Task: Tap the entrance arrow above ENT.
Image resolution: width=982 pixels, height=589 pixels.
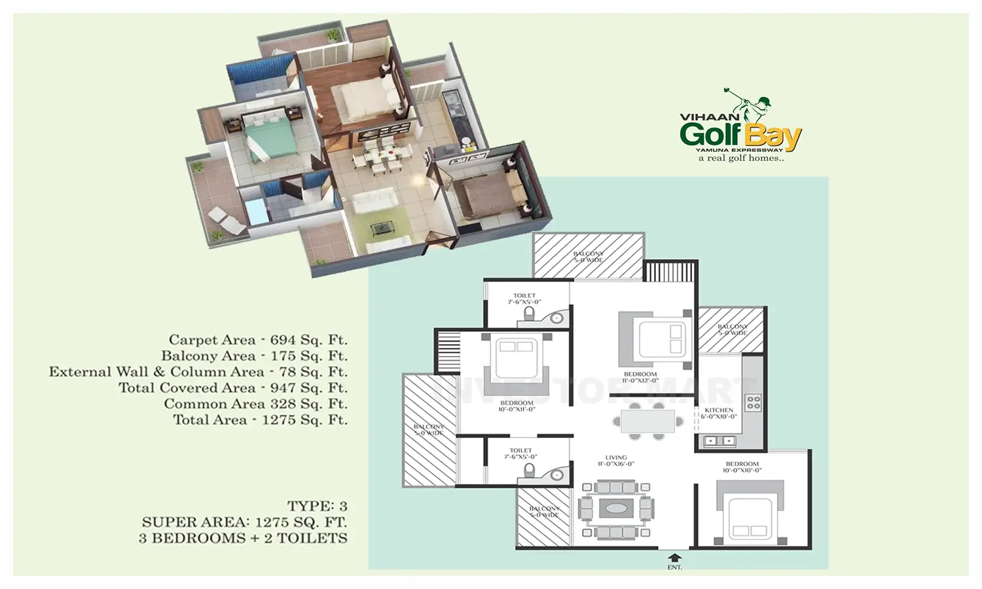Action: [674, 558]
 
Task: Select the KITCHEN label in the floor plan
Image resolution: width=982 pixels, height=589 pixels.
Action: [719, 413]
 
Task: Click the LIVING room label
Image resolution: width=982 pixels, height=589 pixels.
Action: [615, 461]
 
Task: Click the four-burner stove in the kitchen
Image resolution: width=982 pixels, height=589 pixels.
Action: [753, 402]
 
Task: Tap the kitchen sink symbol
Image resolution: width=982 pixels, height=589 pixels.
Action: [719, 442]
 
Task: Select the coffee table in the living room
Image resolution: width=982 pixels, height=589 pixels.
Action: [615, 508]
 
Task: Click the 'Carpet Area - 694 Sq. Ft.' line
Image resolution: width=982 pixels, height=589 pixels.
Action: [258, 340]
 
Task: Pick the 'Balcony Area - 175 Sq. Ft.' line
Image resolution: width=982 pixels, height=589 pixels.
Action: [254, 356]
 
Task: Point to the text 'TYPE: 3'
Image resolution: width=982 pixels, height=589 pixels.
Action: [317, 506]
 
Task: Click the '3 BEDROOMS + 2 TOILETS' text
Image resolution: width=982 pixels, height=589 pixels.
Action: [243, 538]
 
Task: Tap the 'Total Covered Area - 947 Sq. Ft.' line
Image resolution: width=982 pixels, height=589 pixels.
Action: [232, 388]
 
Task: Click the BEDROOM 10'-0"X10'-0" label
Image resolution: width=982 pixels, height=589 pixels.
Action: [742, 467]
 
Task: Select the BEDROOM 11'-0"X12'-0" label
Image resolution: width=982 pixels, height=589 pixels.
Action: [640, 378]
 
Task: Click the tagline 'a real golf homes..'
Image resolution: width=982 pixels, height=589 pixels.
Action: [740, 158]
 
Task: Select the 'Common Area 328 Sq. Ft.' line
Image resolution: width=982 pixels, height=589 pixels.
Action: [255, 404]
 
